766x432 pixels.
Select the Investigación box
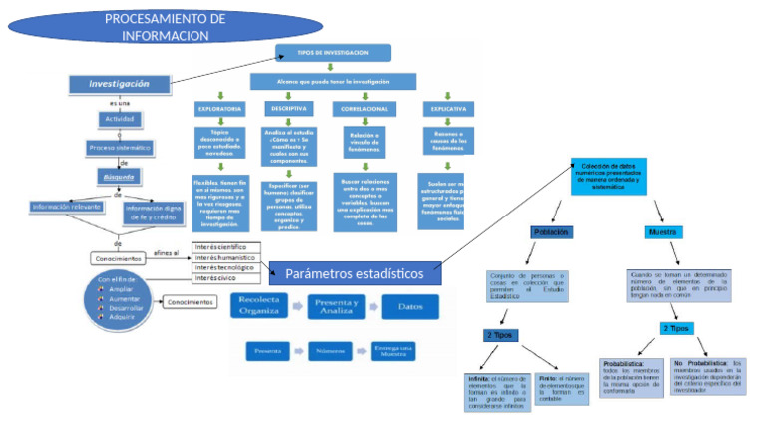pyautogui.click(x=120, y=85)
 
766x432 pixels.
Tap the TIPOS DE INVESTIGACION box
pyautogui.click(x=333, y=52)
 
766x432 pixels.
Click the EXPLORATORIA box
pyautogui.click(x=219, y=108)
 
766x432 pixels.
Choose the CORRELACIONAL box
pyautogui.click(x=364, y=108)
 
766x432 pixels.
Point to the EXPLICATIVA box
pyautogui.click(x=447, y=108)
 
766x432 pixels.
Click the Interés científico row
pyautogui.click(x=226, y=247)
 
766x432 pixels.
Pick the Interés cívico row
pyautogui.click(x=226, y=278)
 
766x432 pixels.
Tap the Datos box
pyautogui.click(x=418, y=306)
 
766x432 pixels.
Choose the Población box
pyautogui.click(x=551, y=232)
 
